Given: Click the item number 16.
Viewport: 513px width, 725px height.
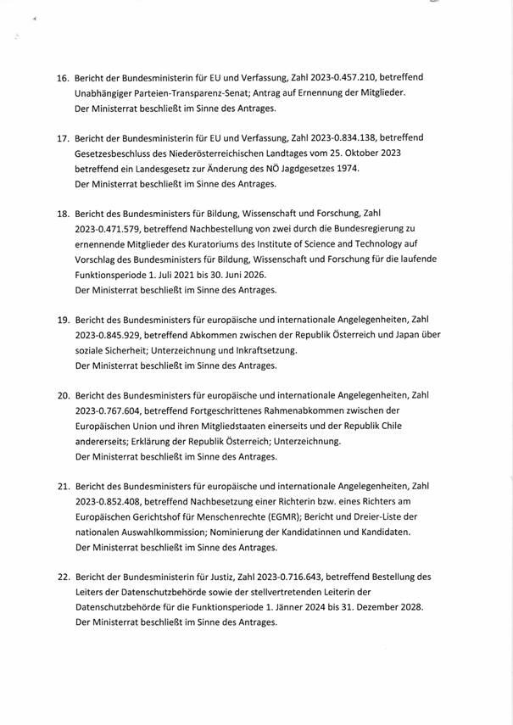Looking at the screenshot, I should click(62, 78).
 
